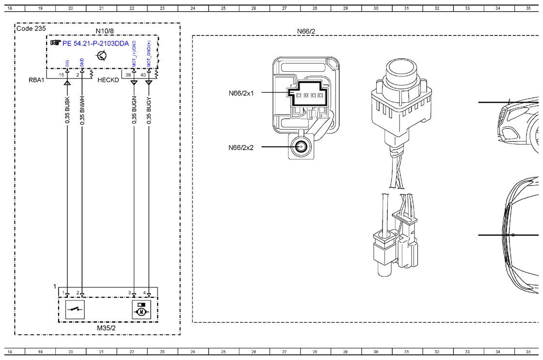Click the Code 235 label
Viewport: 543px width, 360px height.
(x=31, y=29)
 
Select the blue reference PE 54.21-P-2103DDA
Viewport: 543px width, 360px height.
(x=96, y=43)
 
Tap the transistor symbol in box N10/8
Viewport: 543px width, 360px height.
(x=101, y=55)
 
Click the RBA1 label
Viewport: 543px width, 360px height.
(x=36, y=80)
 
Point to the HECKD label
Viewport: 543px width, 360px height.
(x=108, y=80)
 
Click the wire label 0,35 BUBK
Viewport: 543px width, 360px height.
(x=67, y=110)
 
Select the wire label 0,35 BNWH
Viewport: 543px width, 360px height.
(x=82, y=110)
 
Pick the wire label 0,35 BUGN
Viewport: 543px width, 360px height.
(x=134, y=110)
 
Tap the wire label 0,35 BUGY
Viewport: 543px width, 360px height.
(x=149, y=110)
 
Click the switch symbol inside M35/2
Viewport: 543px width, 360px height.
(x=75, y=309)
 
